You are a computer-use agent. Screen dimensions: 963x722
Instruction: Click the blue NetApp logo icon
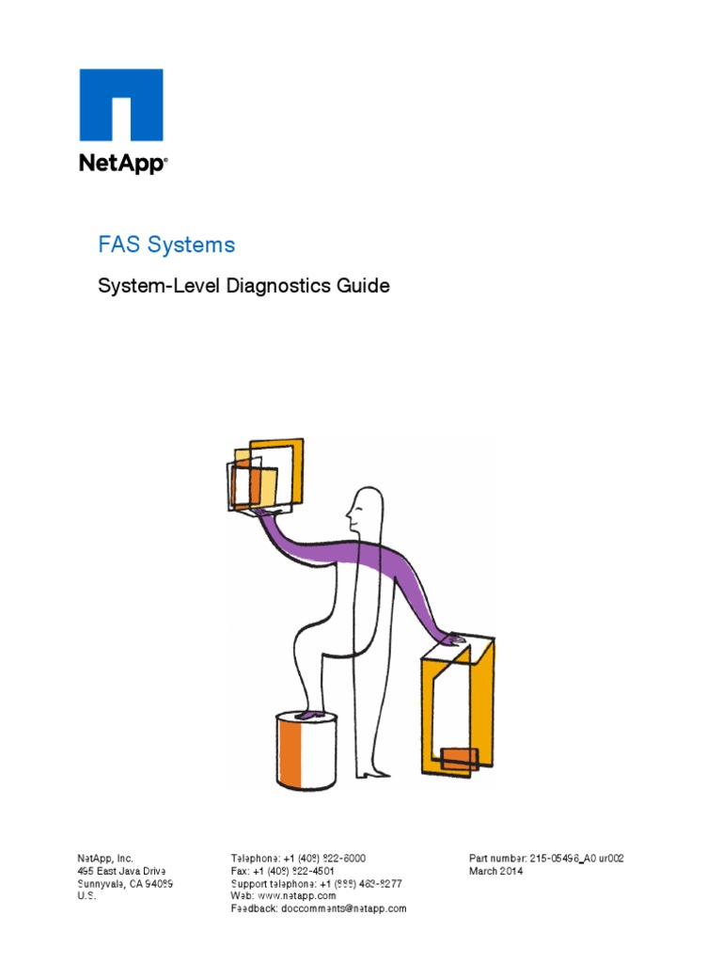click(x=120, y=104)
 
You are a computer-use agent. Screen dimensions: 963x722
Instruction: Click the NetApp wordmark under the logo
click(x=122, y=164)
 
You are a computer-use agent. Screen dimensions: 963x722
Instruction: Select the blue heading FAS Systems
click(x=166, y=245)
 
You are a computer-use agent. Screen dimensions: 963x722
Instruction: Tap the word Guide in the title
click(x=366, y=286)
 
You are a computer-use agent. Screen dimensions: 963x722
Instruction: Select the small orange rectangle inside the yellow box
click(x=460, y=758)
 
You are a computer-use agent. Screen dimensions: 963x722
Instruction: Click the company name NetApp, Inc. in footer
click(x=105, y=859)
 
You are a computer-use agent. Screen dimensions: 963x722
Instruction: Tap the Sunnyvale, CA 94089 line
click(x=124, y=884)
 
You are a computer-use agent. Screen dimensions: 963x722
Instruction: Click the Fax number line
click(x=283, y=872)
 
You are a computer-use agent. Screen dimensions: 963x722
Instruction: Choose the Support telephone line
click(x=316, y=884)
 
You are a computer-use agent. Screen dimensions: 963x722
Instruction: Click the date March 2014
click(x=496, y=872)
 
